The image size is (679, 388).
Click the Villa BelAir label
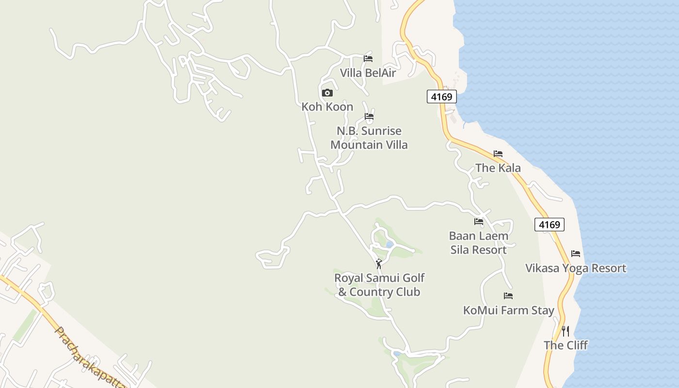coord(368,73)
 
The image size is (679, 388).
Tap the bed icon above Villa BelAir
coord(368,59)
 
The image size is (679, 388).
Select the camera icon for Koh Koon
coord(327,93)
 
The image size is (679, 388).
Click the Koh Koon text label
coord(327,107)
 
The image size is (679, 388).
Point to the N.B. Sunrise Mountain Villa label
coord(369,138)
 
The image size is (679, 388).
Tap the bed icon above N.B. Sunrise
coord(369,116)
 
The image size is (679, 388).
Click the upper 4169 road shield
coord(442,97)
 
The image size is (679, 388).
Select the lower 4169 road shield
coord(550,225)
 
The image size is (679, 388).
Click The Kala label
coord(498,168)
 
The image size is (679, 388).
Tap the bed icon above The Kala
coord(498,154)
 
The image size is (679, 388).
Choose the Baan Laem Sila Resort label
coord(479,243)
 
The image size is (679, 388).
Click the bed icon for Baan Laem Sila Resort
coord(479,222)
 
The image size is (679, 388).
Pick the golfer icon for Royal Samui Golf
coord(379,264)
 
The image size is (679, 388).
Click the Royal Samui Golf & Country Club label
coord(379,285)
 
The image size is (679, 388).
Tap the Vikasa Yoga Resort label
coord(576,268)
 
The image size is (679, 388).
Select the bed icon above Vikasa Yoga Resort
coord(576,253)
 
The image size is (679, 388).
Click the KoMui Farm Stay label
coord(508,310)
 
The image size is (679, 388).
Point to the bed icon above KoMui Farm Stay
coord(508,295)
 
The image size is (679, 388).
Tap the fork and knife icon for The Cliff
coord(566,331)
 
